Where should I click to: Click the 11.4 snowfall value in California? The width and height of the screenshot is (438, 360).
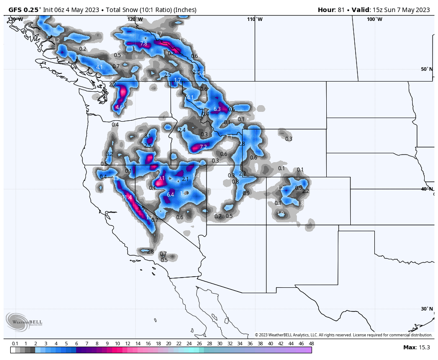(x=127, y=197)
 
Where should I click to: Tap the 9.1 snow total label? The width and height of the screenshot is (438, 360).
(x=162, y=178)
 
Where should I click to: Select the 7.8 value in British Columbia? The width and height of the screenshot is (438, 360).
(x=144, y=44)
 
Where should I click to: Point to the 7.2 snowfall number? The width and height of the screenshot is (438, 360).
(x=203, y=147)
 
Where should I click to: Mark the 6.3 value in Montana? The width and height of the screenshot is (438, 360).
(x=217, y=109)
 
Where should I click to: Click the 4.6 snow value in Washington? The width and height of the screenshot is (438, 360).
(x=119, y=107)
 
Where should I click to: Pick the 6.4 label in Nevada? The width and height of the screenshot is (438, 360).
(x=170, y=195)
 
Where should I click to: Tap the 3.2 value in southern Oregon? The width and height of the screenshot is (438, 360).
(x=109, y=154)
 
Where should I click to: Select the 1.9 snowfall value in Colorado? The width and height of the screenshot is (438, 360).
(x=280, y=213)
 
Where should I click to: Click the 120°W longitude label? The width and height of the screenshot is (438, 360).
(x=135, y=19)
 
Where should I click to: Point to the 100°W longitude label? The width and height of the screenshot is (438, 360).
(x=374, y=19)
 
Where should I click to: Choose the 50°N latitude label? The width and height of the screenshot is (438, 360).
(x=426, y=69)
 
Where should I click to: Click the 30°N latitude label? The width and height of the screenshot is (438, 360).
(x=426, y=309)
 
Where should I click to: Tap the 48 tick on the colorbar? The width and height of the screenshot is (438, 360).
(x=311, y=344)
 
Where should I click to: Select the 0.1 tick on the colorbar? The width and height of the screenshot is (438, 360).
(x=15, y=344)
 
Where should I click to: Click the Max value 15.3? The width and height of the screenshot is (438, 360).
(x=424, y=348)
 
